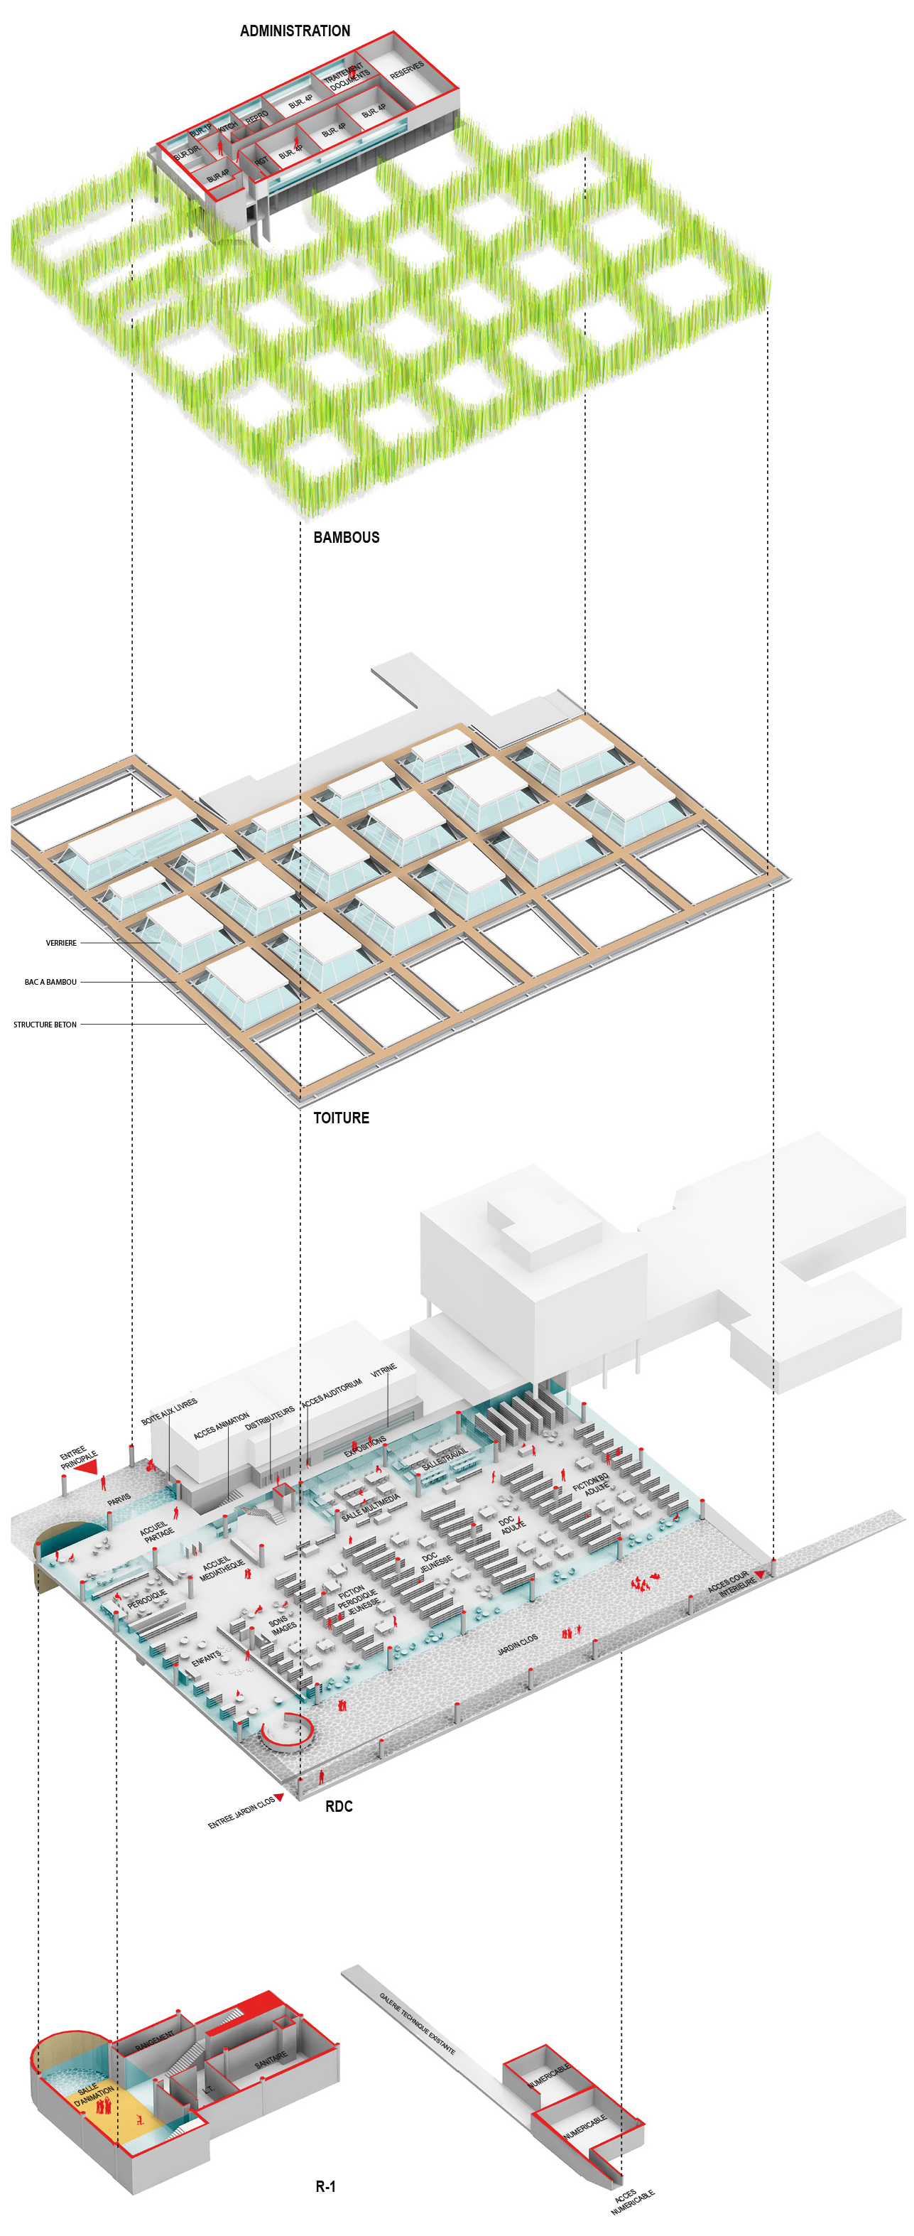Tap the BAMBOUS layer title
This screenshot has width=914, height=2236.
coord(347,537)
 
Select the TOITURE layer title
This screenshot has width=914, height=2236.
coord(341,1118)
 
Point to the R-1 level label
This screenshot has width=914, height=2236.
coord(325,2186)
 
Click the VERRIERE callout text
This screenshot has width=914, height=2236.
coord(61,943)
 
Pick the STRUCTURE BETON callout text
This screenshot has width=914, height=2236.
coord(45,1025)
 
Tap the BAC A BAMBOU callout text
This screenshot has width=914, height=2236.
coord(50,982)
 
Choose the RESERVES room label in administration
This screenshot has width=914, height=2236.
coord(406,70)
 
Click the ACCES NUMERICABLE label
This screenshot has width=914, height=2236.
coord(631,2201)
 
